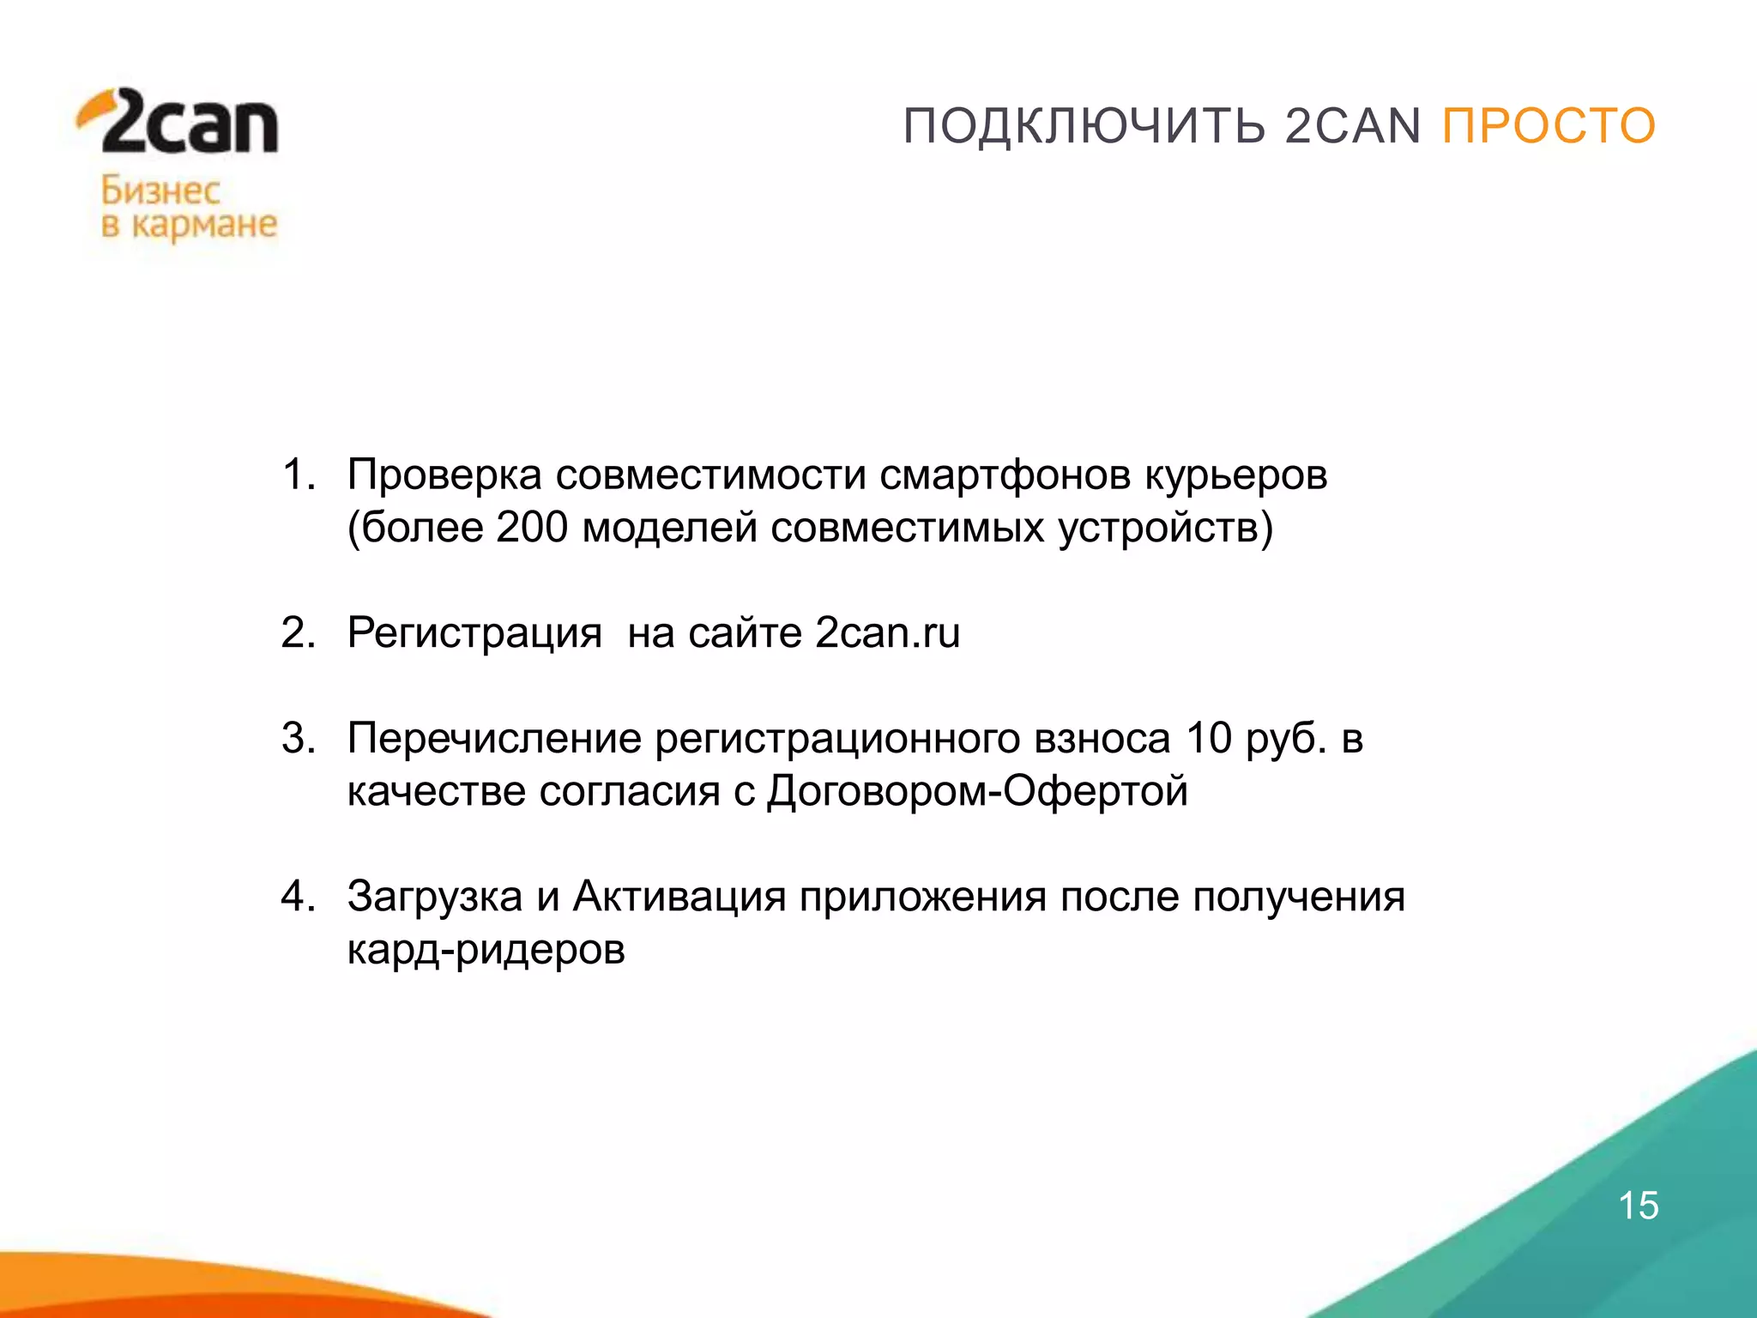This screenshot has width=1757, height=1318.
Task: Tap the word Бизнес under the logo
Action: click(160, 190)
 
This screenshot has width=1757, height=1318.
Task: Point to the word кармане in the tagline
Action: click(204, 225)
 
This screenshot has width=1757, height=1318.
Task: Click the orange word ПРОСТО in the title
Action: click(1549, 126)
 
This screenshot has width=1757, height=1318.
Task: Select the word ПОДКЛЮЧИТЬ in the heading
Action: click(1084, 126)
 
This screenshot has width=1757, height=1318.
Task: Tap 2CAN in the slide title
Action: click(1353, 126)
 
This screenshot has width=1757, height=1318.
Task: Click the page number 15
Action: click(1638, 1206)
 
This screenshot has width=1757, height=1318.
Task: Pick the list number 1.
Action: click(297, 475)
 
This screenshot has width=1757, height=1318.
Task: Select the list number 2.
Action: click(297, 633)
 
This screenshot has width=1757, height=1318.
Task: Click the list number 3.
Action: click(297, 739)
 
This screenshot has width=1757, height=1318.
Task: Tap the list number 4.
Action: click(297, 897)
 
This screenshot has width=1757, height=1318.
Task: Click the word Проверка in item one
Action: click(444, 475)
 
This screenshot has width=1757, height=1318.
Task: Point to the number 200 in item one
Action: click(532, 527)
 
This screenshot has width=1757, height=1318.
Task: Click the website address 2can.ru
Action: click(887, 633)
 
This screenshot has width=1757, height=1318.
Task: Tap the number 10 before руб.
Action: click(1209, 739)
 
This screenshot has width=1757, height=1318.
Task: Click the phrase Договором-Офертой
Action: click(977, 791)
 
